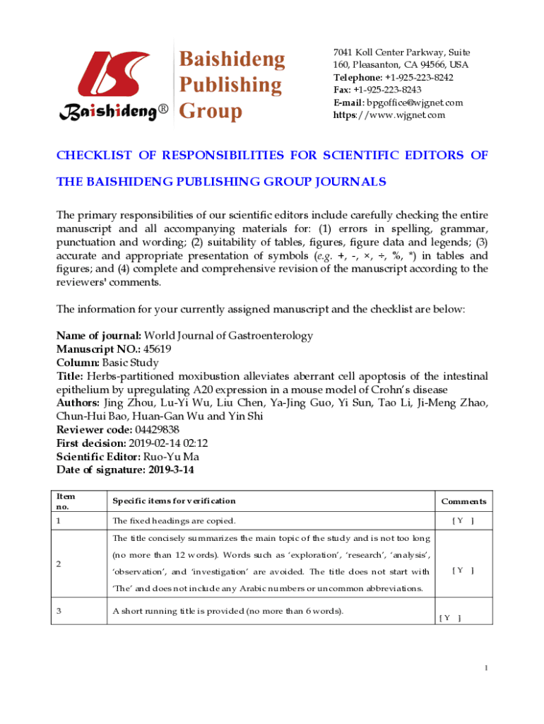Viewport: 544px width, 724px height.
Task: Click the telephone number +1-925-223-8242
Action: [x=419, y=78]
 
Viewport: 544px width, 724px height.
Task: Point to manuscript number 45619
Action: [x=157, y=349]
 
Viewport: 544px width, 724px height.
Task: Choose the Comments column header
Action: [x=463, y=501]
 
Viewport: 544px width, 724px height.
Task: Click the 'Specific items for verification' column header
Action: [x=174, y=501]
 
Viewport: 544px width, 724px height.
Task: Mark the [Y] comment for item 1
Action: [x=463, y=521]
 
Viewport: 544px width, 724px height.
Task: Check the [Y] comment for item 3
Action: [x=449, y=618]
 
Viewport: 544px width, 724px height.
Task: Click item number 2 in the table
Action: [x=59, y=564]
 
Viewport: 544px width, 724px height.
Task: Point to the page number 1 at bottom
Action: [x=486, y=668]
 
